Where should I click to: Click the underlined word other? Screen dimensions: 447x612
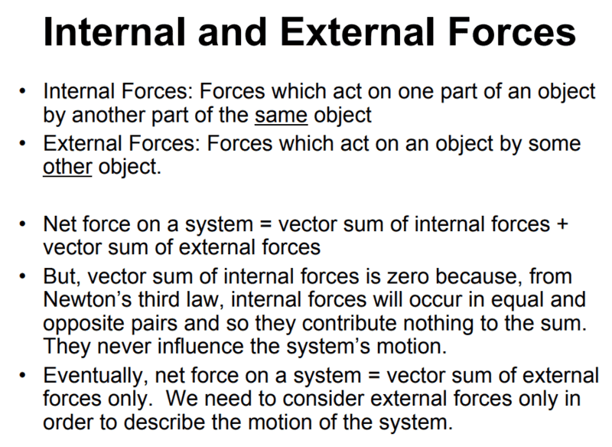tap(67, 166)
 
